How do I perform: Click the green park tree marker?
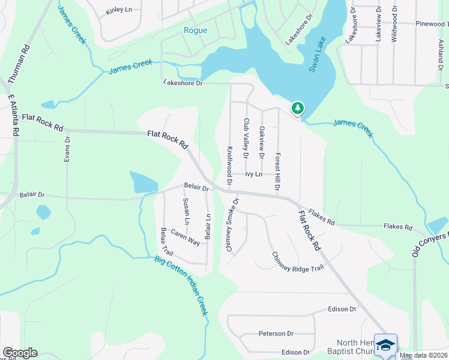click(x=297, y=108)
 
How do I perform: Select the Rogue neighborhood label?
click(x=196, y=31)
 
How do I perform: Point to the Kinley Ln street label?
click(x=118, y=11)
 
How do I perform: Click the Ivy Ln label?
click(x=253, y=175)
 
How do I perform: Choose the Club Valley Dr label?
click(x=246, y=138)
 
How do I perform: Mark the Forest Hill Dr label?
click(x=278, y=171)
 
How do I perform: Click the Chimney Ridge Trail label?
click(x=298, y=261)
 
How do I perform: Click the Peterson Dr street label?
click(x=276, y=334)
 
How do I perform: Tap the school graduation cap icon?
click(x=385, y=345)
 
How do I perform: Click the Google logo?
click(x=20, y=353)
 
